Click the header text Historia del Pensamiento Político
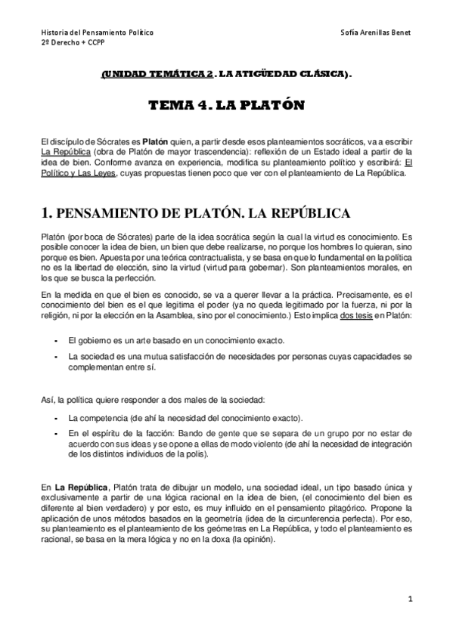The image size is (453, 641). [97, 34]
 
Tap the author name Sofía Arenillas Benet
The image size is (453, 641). [376, 34]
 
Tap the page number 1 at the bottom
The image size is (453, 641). [409, 599]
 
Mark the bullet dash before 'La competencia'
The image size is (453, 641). [56, 416]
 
